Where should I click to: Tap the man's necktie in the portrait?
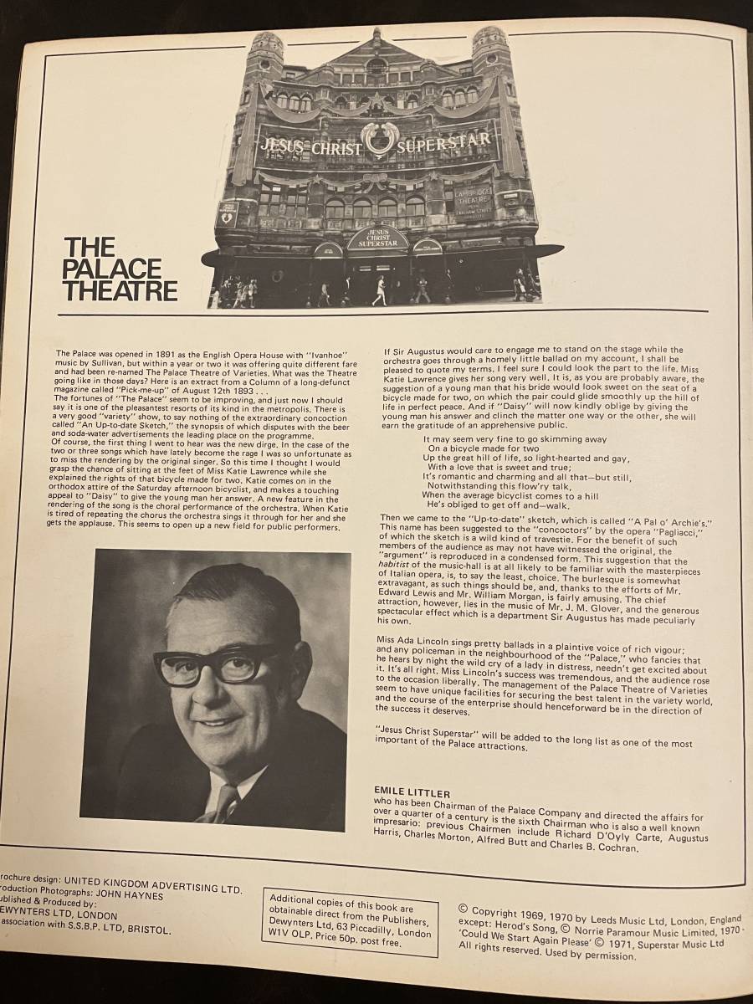click(227, 803)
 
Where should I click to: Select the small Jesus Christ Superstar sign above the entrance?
click(378, 238)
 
